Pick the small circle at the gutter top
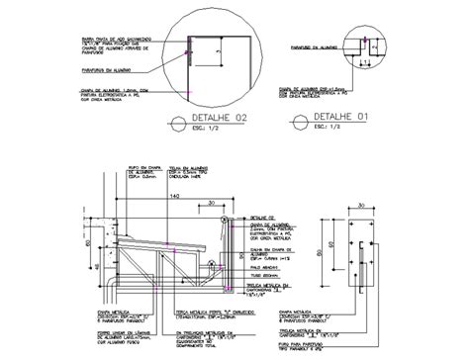coord(225,218)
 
